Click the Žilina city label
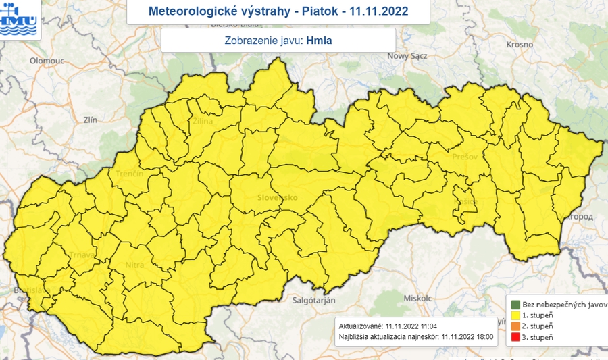pos(203,122)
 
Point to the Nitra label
pos(134,265)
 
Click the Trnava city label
pos(81,255)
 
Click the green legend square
pos(515,304)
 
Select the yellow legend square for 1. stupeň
pos(515,315)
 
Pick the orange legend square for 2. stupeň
pos(515,326)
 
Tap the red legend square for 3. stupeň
pos(515,336)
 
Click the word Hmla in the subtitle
pos(319,40)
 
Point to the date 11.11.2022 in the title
pos(379,12)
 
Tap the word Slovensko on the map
pos(278,198)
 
